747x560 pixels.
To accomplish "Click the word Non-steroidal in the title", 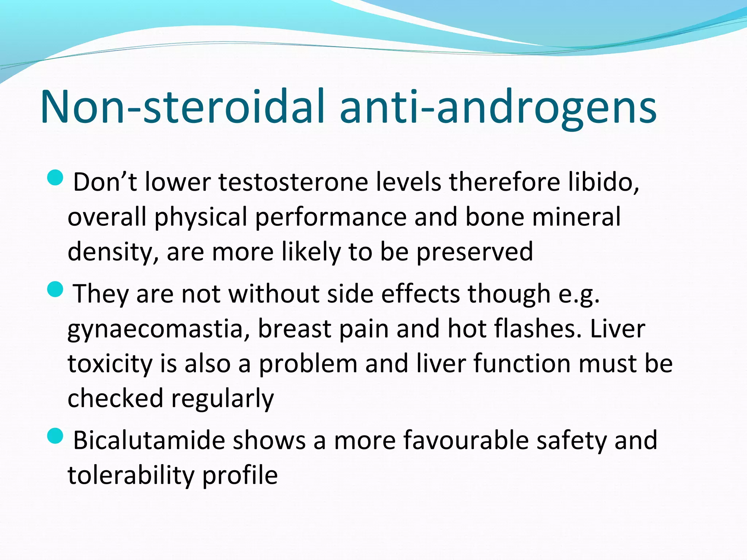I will tap(182, 107).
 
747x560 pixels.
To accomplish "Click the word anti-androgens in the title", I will tap(498, 107).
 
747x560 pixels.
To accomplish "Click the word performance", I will tap(330, 217).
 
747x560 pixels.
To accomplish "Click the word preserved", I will tap(475, 252).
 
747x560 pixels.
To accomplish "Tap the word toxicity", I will tap(110, 364).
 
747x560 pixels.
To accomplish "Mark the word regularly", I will tap(222, 399).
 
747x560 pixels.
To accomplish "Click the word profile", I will tap(240, 475).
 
